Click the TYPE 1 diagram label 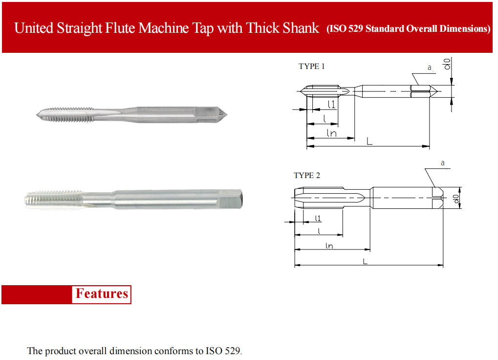311,66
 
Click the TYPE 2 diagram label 307,176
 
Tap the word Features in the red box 102,293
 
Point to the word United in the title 34,28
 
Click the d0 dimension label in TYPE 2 456,199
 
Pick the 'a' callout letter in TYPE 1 430,67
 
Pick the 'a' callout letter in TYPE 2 443,163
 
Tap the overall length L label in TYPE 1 369,141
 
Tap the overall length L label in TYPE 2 365,261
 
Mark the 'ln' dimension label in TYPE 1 331,133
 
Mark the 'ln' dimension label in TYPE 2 329,246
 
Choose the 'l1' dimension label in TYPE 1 331,104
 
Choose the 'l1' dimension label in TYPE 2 318,218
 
